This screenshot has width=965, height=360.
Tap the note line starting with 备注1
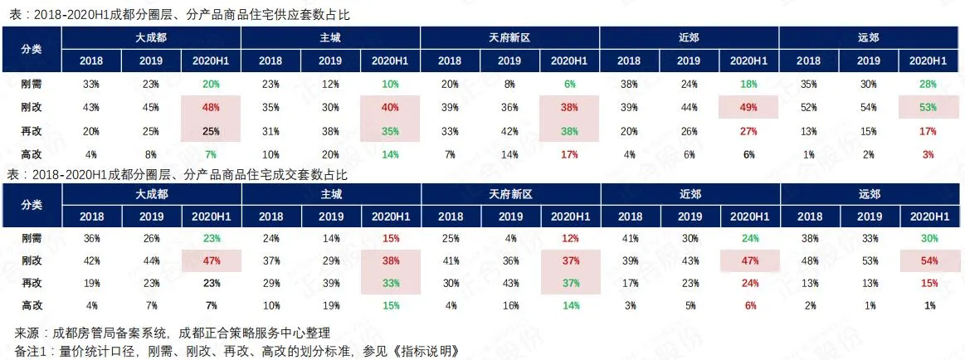236,349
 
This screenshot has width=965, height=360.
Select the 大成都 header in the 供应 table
152,37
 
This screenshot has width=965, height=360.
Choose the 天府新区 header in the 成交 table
509,194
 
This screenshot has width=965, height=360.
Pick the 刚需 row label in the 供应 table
32,84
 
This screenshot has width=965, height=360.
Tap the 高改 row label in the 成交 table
32,304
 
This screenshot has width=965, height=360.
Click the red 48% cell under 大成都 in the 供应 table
211,107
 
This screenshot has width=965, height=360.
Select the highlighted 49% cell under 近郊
748,107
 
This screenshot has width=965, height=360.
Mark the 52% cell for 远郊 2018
808,107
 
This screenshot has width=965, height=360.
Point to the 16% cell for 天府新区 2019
509,304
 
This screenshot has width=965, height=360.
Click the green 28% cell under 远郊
928,84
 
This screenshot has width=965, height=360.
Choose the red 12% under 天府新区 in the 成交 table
568,239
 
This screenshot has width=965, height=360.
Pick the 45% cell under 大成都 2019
151,107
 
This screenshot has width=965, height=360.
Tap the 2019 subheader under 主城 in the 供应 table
330,61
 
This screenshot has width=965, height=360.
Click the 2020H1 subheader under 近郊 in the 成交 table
748,216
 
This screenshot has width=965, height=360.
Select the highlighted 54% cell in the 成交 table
928,261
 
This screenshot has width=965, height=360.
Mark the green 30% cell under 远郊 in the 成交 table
928,239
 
